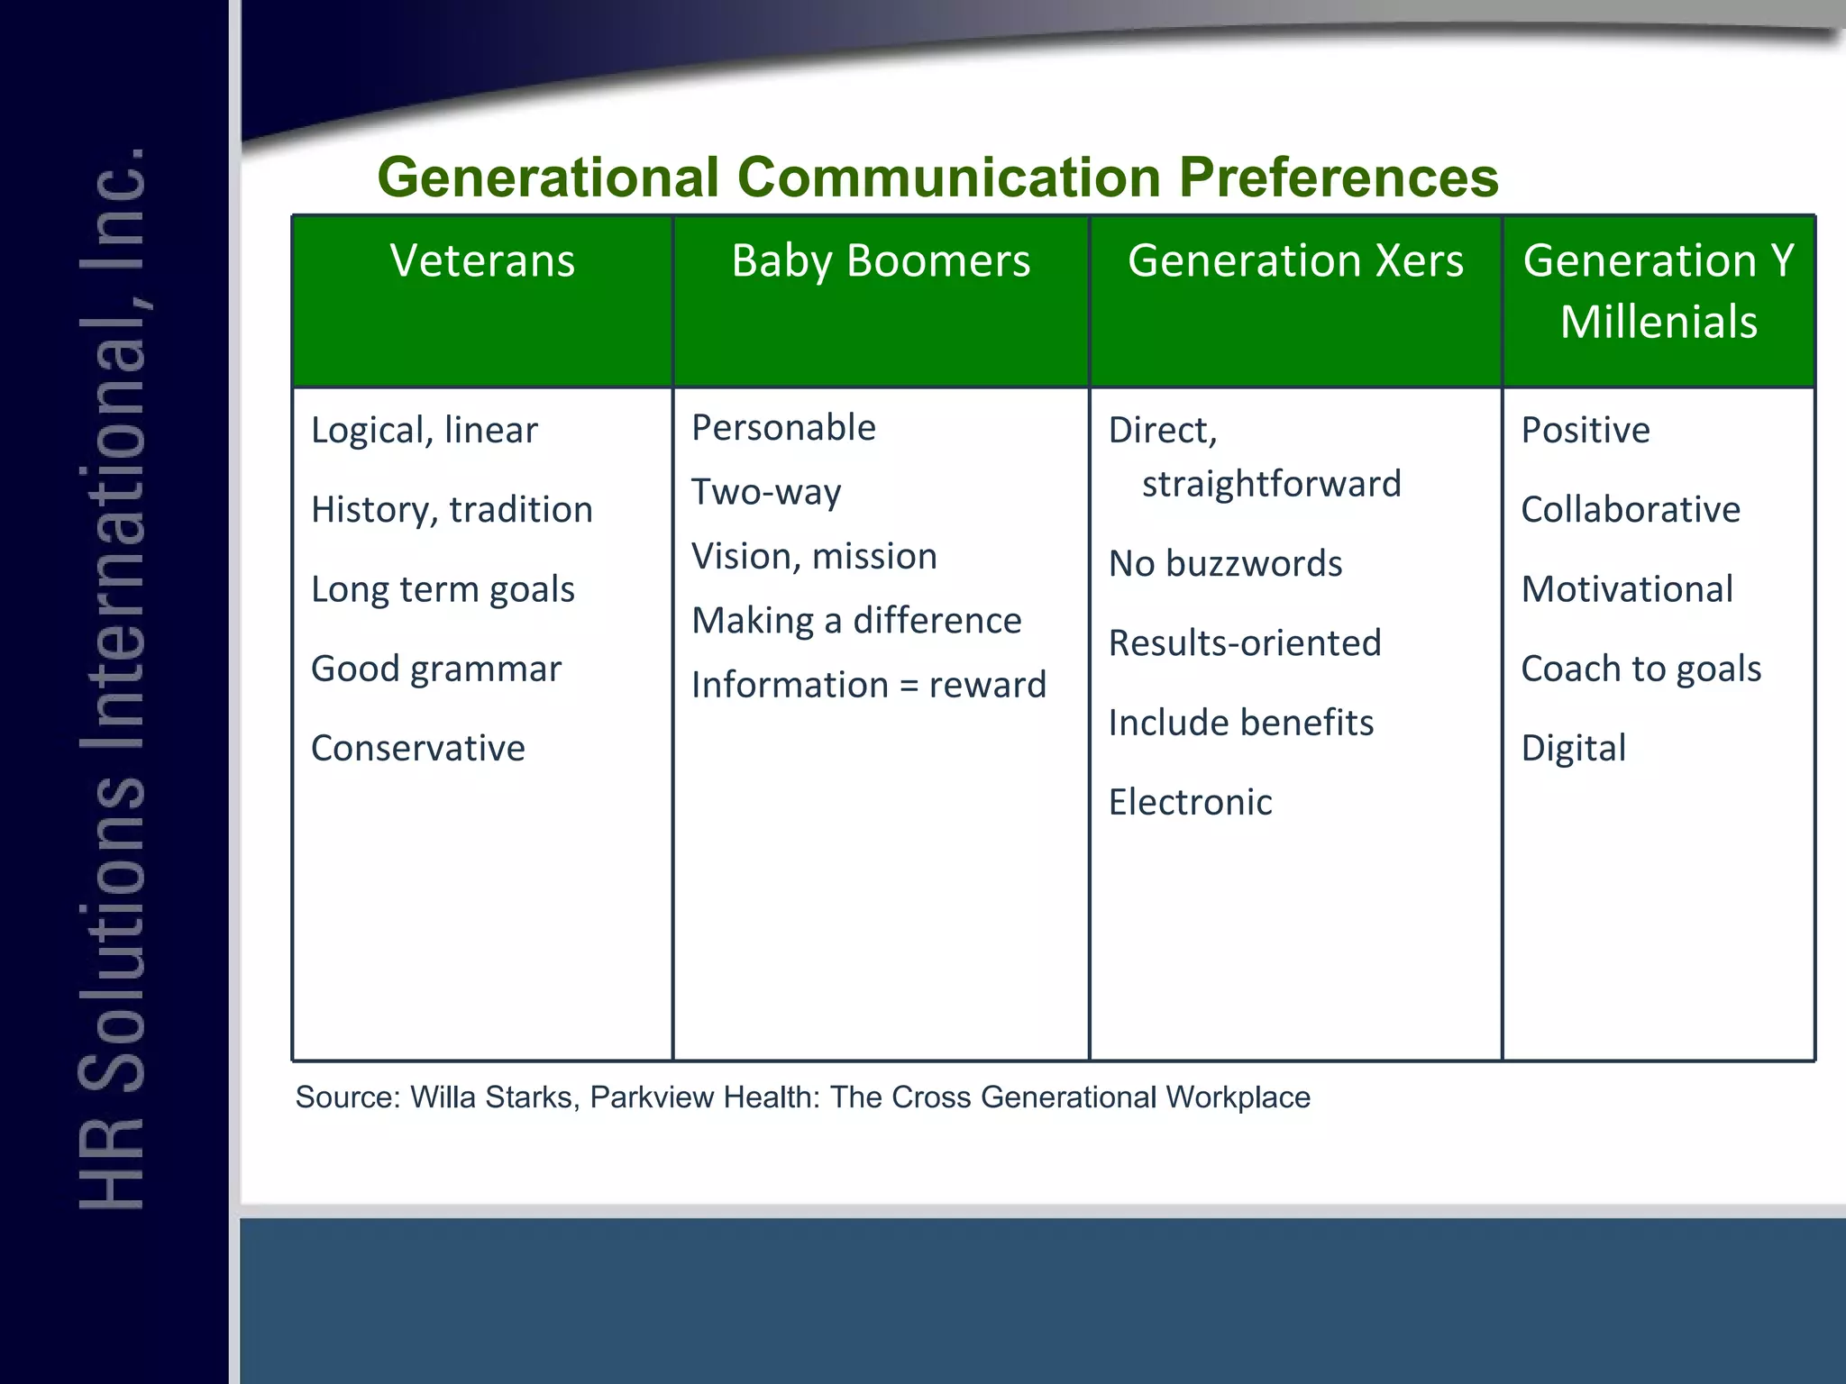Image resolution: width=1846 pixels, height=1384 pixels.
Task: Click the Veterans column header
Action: coord(482,261)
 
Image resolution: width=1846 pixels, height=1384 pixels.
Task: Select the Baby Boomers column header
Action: coord(880,261)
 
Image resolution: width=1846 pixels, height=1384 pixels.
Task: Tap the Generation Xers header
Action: coord(1295,261)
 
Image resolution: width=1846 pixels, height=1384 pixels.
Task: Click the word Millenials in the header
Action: coord(1659,323)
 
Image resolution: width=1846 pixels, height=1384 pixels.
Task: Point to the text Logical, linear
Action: coord(424,431)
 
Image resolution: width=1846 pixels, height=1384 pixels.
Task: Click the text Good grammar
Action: coord(435,669)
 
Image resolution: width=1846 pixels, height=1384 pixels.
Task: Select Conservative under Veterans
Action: coord(417,749)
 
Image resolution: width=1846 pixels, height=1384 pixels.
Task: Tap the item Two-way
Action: coord(766,493)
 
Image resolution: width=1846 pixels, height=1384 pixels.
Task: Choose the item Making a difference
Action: coord(856,621)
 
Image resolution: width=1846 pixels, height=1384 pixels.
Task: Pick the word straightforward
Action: coord(1271,485)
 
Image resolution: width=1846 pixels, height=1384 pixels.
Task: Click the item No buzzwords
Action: coord(1225,564)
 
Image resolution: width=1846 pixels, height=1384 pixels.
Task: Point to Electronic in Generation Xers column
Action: coord(1190,802)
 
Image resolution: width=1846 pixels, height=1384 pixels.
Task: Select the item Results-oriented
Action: coord(1244,643)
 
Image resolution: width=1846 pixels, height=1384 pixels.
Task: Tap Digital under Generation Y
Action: coord(1573,749)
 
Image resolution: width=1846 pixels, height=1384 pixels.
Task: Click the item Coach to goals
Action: coord(1640,669)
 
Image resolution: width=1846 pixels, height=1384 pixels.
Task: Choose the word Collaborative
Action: coord(1630,510)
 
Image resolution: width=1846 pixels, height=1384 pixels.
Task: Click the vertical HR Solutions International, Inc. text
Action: coord(113,676)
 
